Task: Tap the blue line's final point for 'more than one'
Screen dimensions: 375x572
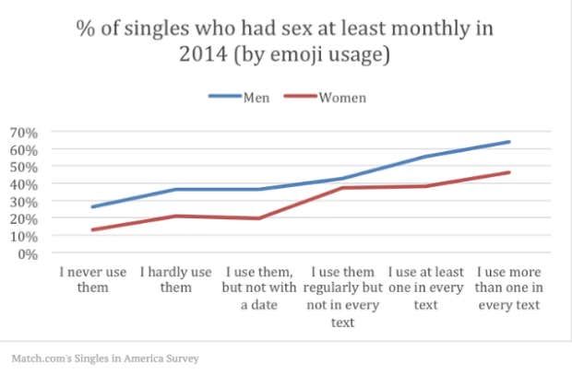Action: (509, 142)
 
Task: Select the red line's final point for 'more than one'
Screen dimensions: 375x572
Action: (509, 172)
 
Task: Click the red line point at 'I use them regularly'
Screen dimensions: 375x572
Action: (342, 188)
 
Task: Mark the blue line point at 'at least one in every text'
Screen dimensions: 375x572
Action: (425, 157)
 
